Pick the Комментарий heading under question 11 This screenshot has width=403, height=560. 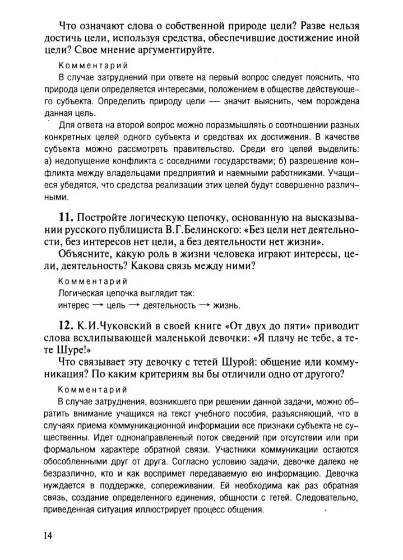(x=93, y=281)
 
